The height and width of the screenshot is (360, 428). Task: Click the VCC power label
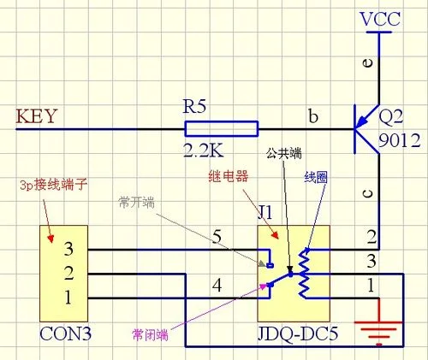380,19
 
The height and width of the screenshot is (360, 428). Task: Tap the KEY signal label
37,116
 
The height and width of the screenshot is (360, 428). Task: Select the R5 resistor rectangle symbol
222,129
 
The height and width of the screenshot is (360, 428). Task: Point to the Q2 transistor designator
391,117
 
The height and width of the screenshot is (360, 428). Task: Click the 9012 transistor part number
400,140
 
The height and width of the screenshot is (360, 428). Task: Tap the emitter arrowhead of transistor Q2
361,121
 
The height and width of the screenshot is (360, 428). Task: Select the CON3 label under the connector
65,333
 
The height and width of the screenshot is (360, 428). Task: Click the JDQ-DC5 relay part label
298,333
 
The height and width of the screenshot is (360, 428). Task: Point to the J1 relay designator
265,212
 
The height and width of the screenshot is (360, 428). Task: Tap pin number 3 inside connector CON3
68,249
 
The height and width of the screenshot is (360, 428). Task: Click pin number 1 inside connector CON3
68,298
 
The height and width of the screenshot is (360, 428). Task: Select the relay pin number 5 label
217,237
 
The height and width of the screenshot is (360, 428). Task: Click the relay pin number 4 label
217,285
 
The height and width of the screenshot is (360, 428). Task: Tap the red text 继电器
229,176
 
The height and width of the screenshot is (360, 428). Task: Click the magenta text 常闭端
150,334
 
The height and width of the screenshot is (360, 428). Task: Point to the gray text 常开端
137,203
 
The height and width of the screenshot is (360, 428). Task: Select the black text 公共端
284,154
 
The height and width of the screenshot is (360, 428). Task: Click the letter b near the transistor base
313,116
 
